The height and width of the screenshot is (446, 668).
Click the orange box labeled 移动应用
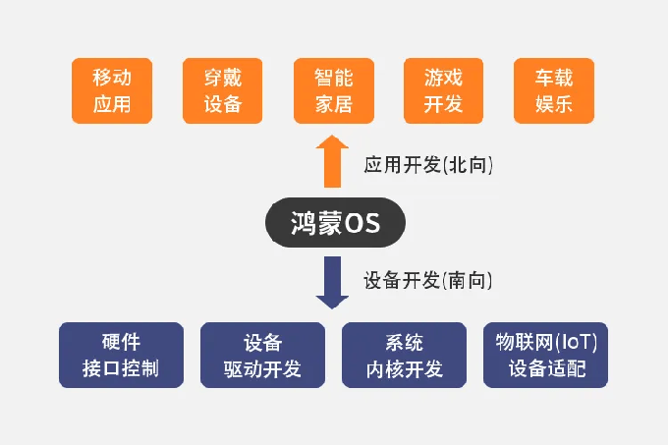click(x=112, y=90)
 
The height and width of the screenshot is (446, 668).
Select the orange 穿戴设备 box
click(x=222, y=90)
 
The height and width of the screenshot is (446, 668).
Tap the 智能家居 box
click(x=334, y=90)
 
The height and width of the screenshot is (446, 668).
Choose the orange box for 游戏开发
click(x=443, y=90)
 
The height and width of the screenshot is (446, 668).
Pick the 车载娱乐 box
click(x=554, y=90)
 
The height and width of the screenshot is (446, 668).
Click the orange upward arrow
click(x=332, y=161)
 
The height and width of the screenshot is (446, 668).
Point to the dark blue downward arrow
click(x=332, y=282)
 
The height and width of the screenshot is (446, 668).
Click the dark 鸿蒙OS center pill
click(x=335, y=222)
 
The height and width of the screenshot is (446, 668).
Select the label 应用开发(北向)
click(x=428, y=165)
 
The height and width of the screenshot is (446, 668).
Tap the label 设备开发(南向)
click(x=427, y=280)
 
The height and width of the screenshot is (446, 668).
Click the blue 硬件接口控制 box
click(x=122, y=355)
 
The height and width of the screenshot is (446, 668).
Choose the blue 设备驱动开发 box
click(x=263, y=355)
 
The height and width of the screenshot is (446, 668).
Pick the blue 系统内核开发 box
click(x=405, y=355)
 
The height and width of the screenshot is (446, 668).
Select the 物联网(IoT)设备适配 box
click(x=546, y=355)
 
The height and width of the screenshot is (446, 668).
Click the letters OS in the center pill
click(x=362, y=223)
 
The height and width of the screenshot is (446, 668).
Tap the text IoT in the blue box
click(x=577, y=342)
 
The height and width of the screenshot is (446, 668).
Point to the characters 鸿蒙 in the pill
click(x=316, y=223)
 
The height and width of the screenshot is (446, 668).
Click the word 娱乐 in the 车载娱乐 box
click(x=554, y=104)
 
